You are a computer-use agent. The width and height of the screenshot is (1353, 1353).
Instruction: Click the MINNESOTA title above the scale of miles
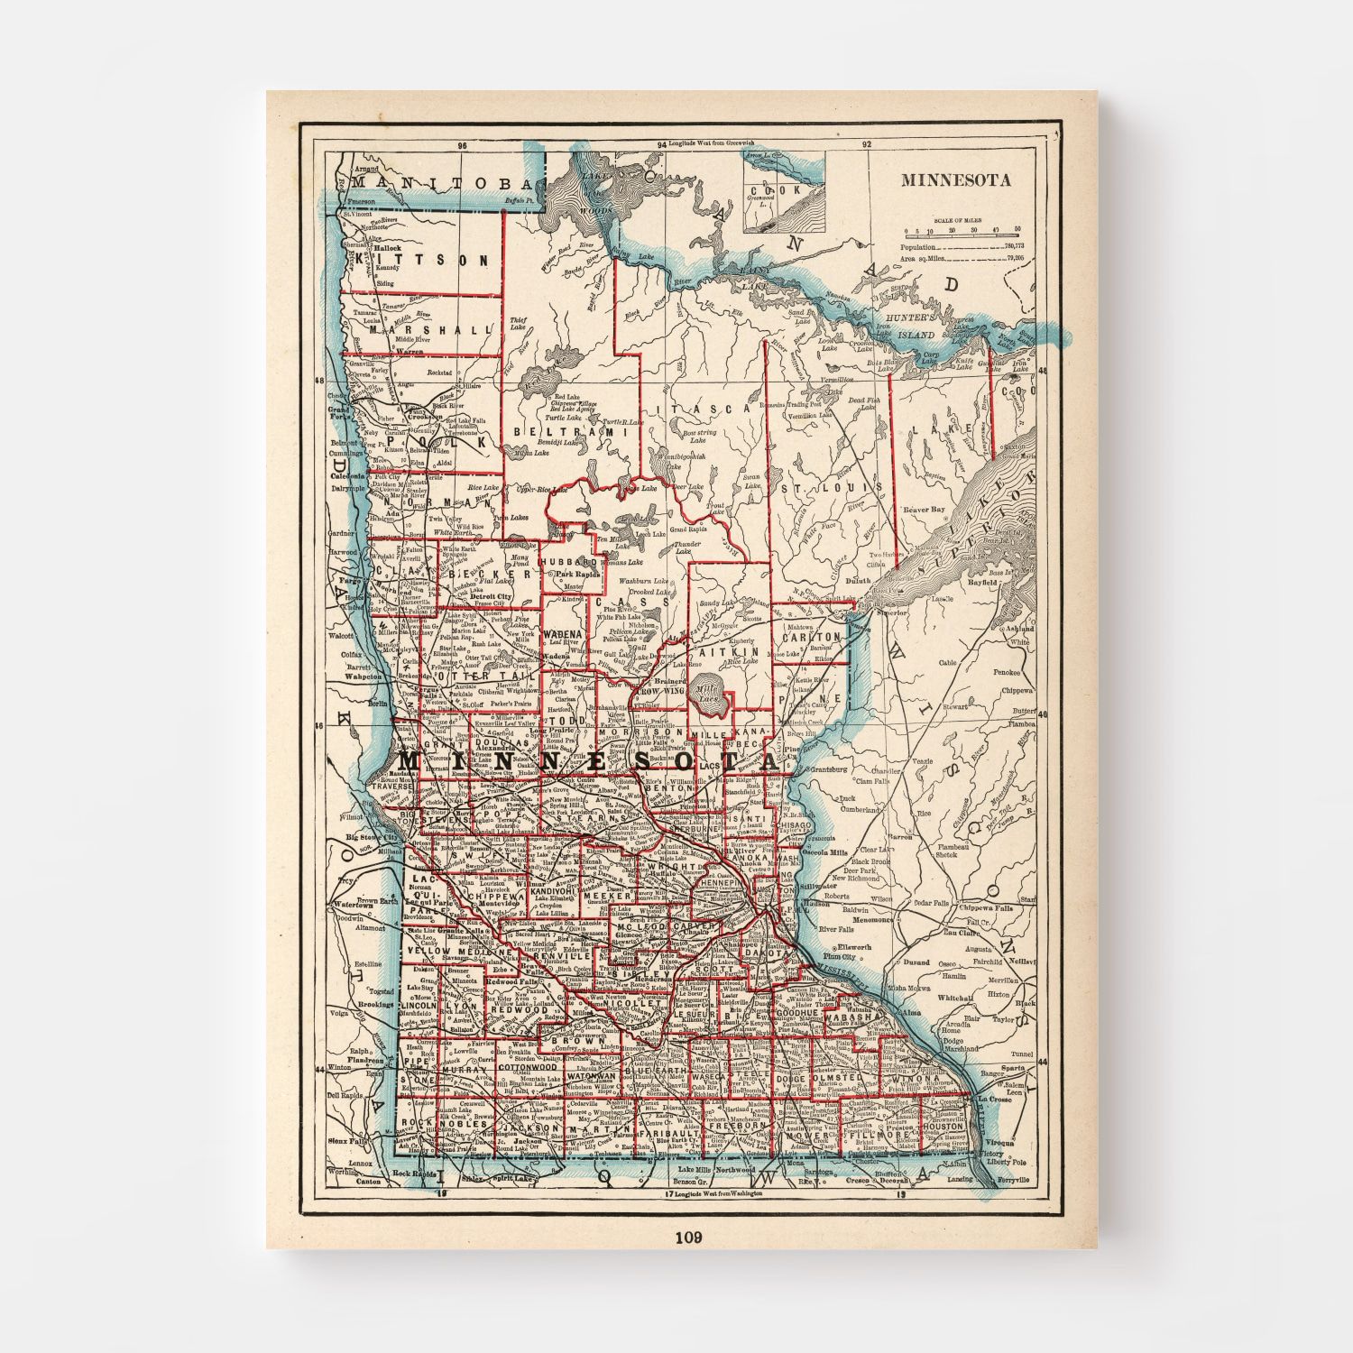(x=955, y=179)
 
